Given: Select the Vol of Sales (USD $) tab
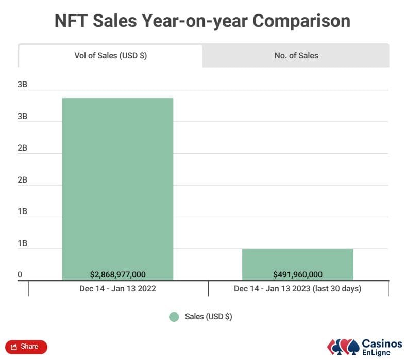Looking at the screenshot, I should point(110,56).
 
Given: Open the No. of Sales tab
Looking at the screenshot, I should point(296,56).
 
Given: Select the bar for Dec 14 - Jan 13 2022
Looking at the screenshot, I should point(117,186).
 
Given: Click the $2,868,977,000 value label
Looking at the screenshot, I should point(117,274).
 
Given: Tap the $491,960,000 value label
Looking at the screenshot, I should point(297,274).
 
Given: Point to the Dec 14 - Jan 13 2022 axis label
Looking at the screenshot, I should point(117,289).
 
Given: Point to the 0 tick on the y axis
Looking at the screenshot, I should point(20,275).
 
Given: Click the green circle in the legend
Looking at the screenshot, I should point(174,317).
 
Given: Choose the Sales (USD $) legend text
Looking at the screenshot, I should point(208,317).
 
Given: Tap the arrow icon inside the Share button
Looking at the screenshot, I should point(14,347).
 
